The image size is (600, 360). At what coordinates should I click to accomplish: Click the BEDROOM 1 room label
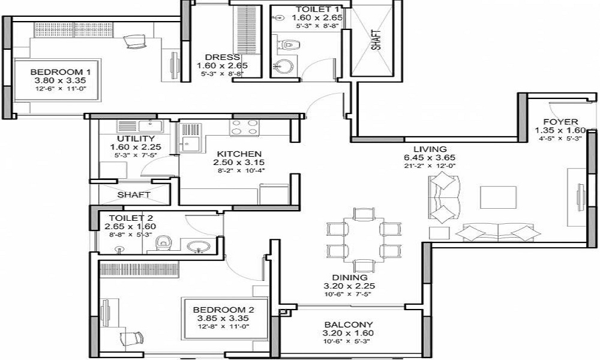(x=61, y=72)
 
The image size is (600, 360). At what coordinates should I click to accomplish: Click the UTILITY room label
(x=136, y=139)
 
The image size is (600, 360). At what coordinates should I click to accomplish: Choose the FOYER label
(x=560, y=122)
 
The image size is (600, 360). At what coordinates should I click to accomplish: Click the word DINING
(x=350, y=277)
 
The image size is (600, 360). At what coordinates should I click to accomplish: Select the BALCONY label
(x=348, y=325)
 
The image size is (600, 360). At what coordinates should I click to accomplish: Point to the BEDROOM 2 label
(x=223, y=310)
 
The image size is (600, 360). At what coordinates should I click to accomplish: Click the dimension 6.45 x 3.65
(x=430, y=158)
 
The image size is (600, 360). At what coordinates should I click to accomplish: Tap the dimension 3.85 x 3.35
(x=223, y=318)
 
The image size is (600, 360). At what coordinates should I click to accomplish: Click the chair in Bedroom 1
(x=135, y=41)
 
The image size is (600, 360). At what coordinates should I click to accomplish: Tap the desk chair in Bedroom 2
(x=131, y=338)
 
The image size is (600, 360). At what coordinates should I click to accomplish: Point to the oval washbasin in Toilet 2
(x=198, y=246)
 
